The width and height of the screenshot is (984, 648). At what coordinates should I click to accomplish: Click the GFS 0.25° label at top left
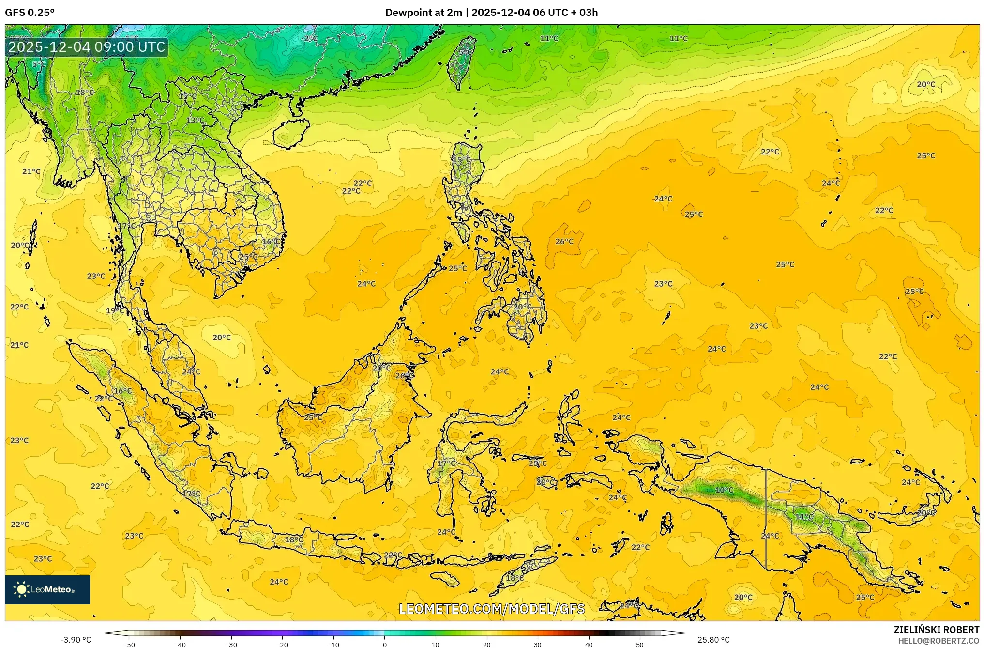(30, 13)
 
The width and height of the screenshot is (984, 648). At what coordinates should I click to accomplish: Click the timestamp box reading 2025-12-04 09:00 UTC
(87, 47)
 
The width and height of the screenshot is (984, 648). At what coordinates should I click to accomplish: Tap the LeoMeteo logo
(47, 589)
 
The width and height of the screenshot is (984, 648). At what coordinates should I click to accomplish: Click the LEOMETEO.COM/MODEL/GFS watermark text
(491, 609)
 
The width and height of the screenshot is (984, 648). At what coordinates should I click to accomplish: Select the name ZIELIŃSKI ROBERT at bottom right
(936, 630)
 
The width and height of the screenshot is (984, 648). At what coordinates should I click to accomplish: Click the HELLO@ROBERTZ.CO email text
(939, 641)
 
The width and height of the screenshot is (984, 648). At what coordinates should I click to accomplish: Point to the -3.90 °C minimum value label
(76, 640)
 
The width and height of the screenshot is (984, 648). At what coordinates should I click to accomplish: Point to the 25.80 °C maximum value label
(713, 640)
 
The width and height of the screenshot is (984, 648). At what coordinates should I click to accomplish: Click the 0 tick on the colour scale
(385, 645)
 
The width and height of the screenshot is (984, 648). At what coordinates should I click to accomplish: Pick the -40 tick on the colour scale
(180, 645)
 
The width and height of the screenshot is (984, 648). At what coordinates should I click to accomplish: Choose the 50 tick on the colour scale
(640, 645)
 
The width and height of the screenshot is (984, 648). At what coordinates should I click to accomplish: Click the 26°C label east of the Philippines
(564, 241)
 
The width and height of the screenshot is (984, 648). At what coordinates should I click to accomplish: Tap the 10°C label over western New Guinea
(724, 490)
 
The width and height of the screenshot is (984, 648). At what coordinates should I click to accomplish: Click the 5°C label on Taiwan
(465, 52)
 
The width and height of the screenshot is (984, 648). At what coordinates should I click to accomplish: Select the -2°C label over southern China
(309, 38)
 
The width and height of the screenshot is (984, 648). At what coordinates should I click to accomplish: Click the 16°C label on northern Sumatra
(122, 391)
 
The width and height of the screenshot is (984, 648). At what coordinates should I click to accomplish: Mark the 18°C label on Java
(294, 540)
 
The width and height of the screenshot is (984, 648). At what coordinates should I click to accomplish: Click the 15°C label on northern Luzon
(461, 160)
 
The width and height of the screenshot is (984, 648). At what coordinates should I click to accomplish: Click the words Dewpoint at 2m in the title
(424, 13)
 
